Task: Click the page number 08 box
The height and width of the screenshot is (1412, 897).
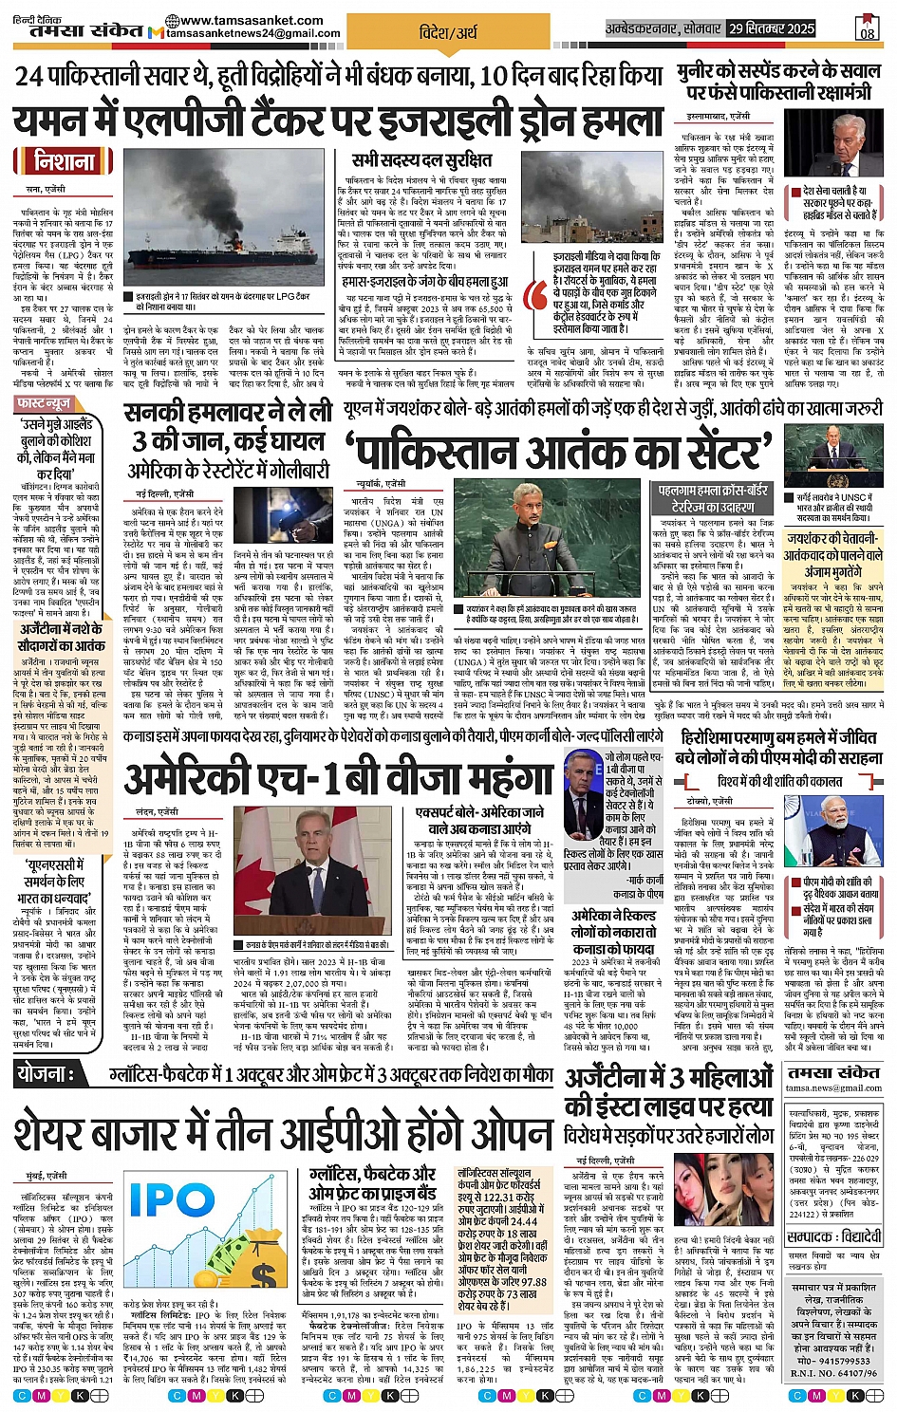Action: tap(868, 30)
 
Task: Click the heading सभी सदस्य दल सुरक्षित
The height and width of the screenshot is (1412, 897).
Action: tap(421, 159)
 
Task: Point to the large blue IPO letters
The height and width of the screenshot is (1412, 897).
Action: tap(172, 1199)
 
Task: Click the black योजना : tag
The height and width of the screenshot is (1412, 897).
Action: tap(46, 1074)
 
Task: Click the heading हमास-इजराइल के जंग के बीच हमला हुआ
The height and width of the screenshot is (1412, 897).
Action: tap(424, 282)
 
